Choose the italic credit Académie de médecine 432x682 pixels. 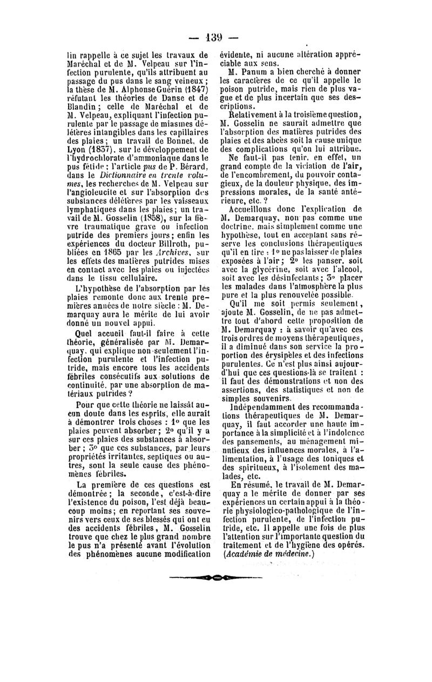point(268,556)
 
